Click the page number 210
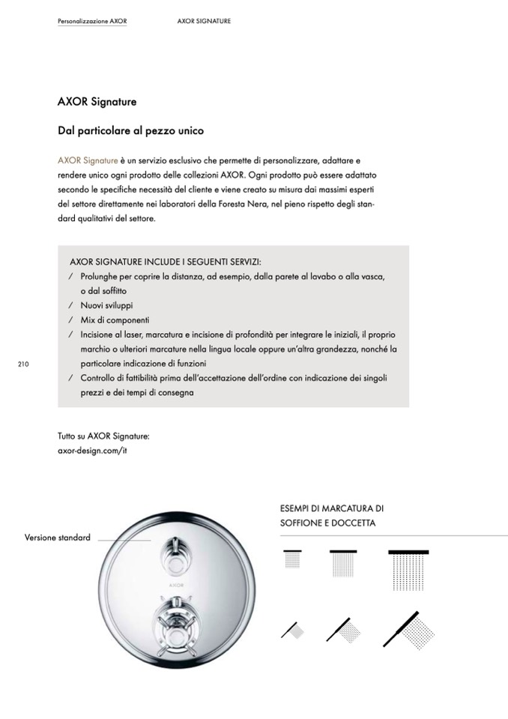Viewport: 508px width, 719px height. (22, 364)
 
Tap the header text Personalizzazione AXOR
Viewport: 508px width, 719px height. (92, 21)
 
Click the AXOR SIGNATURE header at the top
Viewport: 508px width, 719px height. (204, 21)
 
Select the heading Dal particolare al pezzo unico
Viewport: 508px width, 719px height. (131, 130)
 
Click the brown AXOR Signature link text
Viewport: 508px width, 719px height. (88, 160)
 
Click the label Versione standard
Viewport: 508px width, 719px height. (58, 538)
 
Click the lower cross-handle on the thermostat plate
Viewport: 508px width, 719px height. (175, 613)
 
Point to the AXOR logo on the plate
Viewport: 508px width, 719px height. (175, 581)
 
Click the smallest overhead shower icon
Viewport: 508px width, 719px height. (292, 559)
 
